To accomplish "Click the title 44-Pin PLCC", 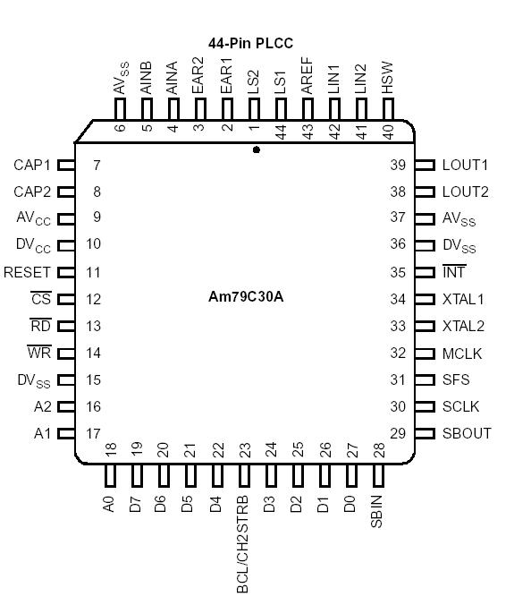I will [250, 43].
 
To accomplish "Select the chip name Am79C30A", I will [246, 297].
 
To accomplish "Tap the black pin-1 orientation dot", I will [257, 150].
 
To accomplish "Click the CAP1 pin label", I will [32, 166].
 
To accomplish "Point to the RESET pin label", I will [27, 272].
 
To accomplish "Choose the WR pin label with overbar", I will [39, 353].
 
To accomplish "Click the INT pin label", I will [454, 272].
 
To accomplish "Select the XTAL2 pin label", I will [463, 326].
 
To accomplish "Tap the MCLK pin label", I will [461, 354].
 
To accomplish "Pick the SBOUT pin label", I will [467, 433].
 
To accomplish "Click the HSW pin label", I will [388, 78].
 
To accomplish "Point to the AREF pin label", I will [308, 76].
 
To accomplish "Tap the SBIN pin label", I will [376, 511].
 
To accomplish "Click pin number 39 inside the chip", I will [398, 166].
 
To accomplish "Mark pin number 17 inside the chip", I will [93, 433].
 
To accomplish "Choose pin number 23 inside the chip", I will [244, 449].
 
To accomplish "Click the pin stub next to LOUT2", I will [425, 192].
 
